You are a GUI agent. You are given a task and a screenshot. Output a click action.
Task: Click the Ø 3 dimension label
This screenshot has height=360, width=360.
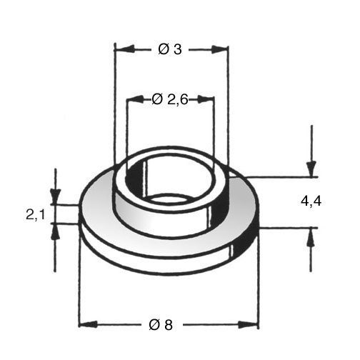(x=170, y=49)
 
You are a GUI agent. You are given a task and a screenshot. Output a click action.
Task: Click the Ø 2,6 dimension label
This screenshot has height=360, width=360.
(x=170, y=99)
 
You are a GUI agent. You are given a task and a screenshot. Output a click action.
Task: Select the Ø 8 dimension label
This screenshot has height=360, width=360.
(x=161, y=325)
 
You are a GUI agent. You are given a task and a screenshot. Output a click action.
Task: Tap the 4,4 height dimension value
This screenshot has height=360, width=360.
(x=311, y=201)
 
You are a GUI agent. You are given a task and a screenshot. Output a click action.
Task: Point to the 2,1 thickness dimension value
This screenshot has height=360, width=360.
(x=36, y=215)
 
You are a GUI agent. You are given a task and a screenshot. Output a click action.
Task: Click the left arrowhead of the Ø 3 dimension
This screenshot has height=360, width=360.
(x=124, y=49)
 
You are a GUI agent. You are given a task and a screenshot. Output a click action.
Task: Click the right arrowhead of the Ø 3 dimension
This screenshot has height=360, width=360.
(x=219, y=49)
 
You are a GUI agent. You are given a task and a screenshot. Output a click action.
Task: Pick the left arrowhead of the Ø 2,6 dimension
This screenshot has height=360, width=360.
(x=136, y=99)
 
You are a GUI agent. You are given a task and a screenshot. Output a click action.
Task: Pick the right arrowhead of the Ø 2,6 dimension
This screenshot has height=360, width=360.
(x=205, y=99)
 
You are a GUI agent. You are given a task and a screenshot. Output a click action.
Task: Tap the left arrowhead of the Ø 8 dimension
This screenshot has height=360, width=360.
(x=89, y=324)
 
